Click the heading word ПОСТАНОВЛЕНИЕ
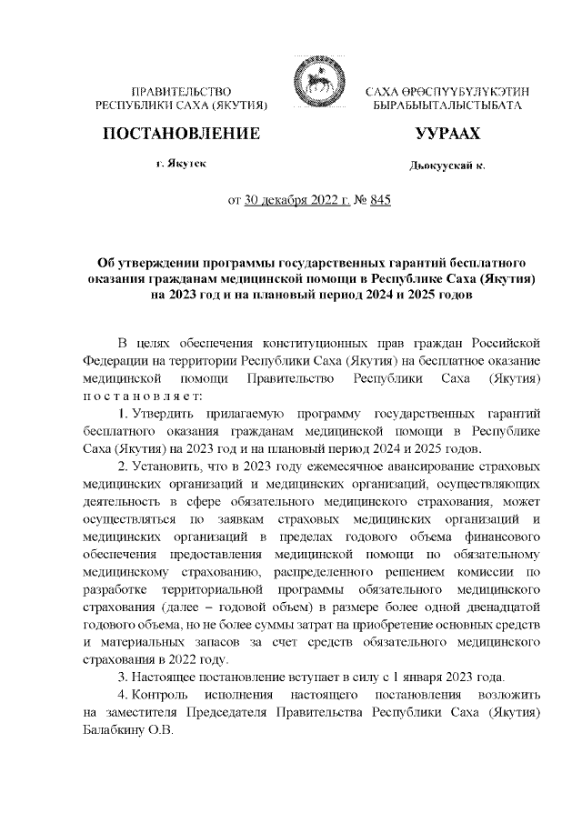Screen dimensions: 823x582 (x=182, y=134)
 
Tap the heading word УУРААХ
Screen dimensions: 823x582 (x=447, y=134)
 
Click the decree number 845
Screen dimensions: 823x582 (x=377, y=202)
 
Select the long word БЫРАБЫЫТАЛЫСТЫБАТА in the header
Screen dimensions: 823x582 (x=447, y=106)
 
